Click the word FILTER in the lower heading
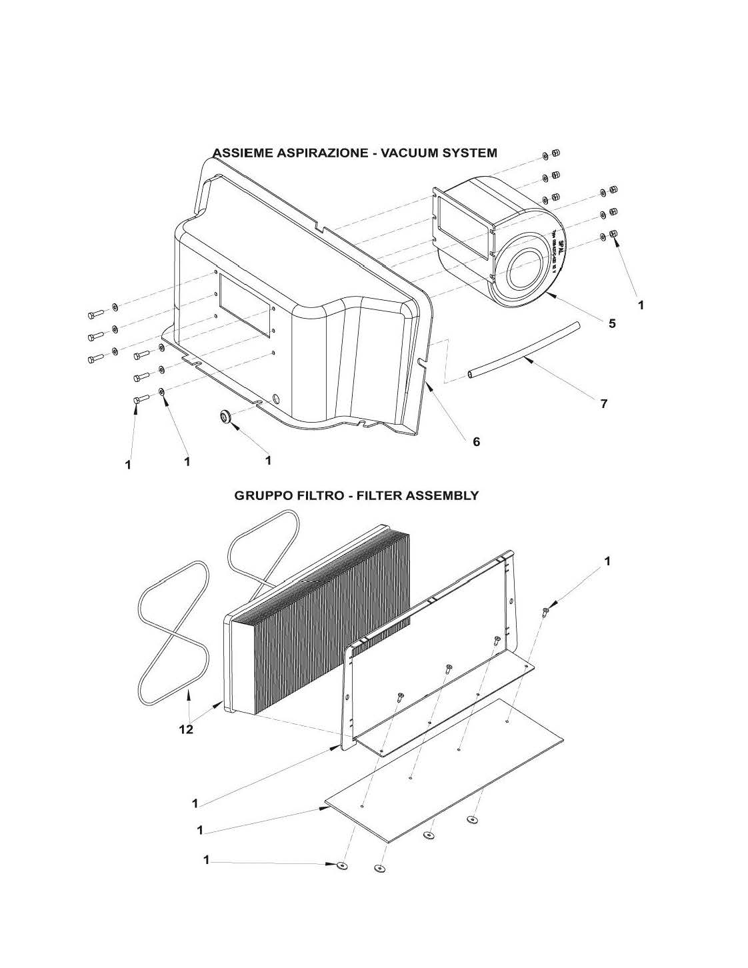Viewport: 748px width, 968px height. [379, 495]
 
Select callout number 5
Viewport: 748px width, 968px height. [611, 323]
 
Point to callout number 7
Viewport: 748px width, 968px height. [603, 403]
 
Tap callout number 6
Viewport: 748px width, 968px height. [476, 441]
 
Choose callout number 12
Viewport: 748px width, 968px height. [186, 729]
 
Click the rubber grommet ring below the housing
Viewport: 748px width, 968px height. [225, 417]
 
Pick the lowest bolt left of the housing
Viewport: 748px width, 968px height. [137, 400]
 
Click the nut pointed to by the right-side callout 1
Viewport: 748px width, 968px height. [614, 234]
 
